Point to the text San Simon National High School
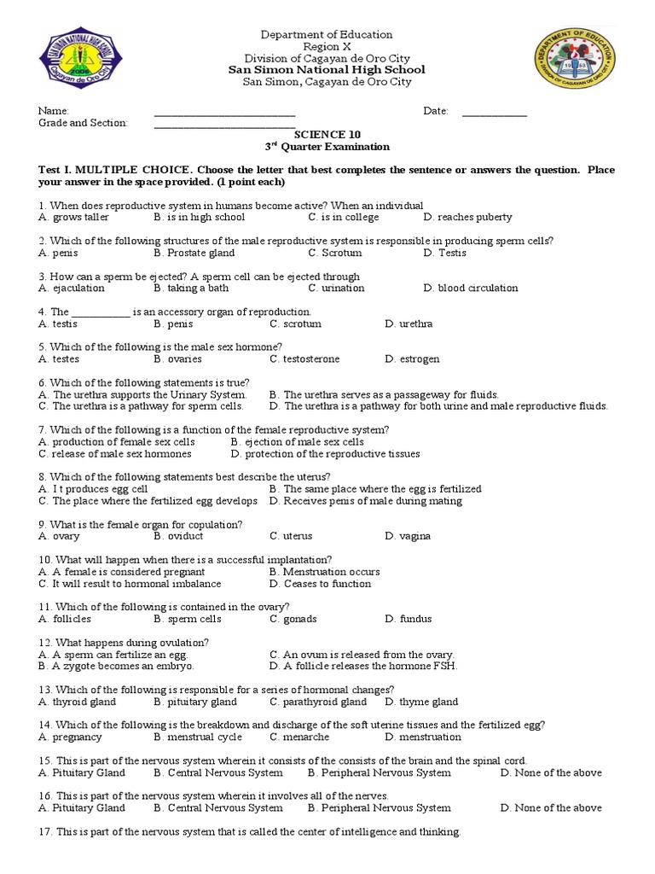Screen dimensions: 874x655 click(327, 70)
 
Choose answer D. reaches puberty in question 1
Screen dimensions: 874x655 click(467, 218)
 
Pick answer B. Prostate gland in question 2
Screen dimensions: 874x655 click(194, 253)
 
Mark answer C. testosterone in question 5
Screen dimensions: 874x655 click(304, 359)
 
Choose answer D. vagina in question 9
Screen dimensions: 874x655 click(408, 537)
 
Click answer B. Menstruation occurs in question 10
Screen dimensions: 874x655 click(324, 572)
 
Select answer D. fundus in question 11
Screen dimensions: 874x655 click(409, 619)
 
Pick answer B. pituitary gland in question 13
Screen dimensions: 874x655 click(195, 702)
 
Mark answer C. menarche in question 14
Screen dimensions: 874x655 click(299, 737)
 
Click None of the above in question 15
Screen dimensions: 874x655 click(551, 773)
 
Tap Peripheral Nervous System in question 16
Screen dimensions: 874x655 click(380, 808)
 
